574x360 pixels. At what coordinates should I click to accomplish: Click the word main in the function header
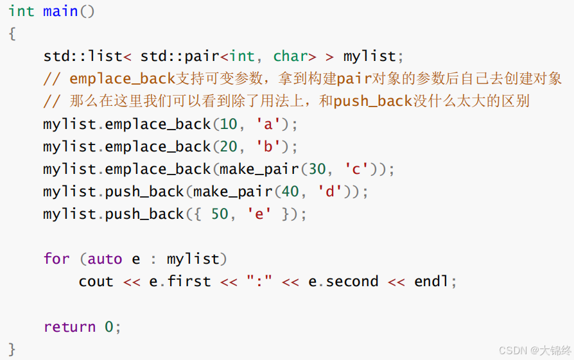pyautogui.click(x=60, y=12)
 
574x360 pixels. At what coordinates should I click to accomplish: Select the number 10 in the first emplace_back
pyautogui.click(x=229, y=124)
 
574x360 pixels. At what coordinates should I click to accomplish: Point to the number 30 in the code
pyautogui.click(x=317, y=169)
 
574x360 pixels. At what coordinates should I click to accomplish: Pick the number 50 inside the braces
pyautogui.click(x=220, y=214)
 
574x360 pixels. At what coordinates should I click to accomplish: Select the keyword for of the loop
pyautogui.click(x=57, y=259)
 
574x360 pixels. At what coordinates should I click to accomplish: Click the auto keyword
pyautogui.click(x=105, y=259)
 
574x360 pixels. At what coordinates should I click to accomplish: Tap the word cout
pyautogui.click(x=96, y=281)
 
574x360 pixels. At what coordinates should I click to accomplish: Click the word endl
pyautogui.click(x=431, y=281)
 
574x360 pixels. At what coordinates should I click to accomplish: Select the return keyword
pyautogui.click(x=69, y=327)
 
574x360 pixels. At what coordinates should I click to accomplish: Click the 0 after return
pyautogui.click(x=109, y=327)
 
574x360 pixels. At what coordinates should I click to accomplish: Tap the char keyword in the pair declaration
pyautogui.click(x=290, y=56)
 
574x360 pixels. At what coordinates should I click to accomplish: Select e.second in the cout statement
pyautogui.click(x=344, y=281)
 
